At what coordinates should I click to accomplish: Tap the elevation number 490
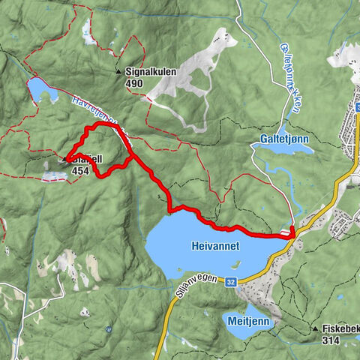pos(135,83)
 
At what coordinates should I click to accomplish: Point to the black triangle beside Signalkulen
pos(118,73)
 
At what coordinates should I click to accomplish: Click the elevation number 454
pos(81,171)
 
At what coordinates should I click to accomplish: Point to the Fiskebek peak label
pos(340,328)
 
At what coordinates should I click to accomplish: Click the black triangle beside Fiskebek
pos(315,328)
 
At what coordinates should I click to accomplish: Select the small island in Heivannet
pos(235,264)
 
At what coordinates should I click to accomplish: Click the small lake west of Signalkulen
pos(42,91)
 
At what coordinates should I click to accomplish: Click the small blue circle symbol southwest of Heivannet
pos(109,328)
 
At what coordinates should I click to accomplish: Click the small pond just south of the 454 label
pos(54,175)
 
